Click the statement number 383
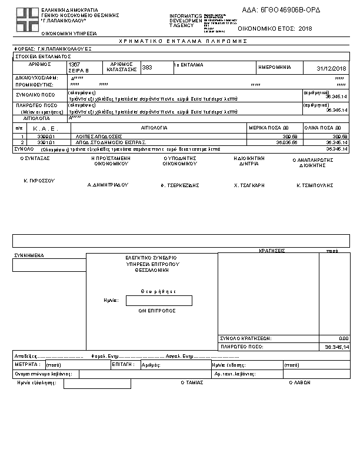147,68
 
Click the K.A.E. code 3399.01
45,136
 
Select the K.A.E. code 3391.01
45,142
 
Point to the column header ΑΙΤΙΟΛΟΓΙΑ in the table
154,128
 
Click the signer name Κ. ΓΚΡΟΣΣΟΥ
39,181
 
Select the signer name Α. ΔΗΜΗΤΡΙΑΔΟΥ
108,185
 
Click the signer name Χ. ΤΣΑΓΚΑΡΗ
249,185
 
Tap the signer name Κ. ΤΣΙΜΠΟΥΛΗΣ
315,185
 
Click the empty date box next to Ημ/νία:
159,301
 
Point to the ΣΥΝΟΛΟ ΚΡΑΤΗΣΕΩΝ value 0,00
344,338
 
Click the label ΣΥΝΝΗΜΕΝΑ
29,256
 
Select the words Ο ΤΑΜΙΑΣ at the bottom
192,382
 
